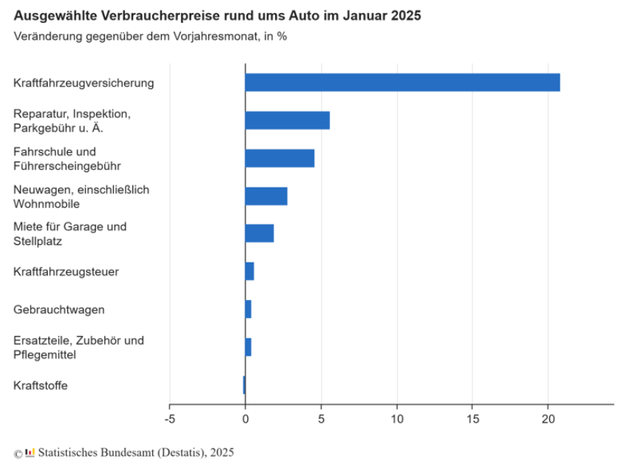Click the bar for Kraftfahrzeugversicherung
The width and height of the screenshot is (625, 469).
402,82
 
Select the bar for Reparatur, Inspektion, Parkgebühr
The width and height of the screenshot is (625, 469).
287,121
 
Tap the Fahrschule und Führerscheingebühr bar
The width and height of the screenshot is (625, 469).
279,158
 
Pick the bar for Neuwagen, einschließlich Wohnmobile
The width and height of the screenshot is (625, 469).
266,196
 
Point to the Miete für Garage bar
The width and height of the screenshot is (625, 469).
260,234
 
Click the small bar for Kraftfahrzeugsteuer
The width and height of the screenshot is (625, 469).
250,271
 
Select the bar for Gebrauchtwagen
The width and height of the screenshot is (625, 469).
249,309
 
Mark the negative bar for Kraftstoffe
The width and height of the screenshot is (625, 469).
244,384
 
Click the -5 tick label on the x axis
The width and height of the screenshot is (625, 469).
169,418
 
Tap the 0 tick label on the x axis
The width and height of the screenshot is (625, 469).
245,418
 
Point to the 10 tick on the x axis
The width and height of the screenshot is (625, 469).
397,418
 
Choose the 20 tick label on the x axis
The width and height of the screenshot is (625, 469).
548,418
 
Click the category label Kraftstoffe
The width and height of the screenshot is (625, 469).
40,385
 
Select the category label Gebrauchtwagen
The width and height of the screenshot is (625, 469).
59,309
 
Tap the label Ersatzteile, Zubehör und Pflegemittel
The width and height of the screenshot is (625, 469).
78,347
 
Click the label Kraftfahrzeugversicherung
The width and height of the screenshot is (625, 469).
84,83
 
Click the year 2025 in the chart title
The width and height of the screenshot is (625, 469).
407,15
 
